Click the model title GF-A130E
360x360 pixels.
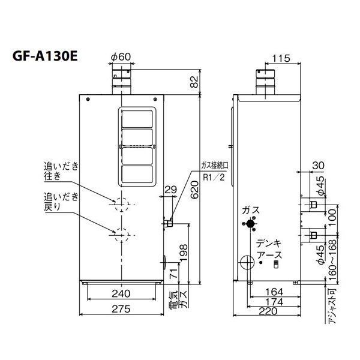tap(45, 56)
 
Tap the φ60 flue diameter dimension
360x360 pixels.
tap(121, 57)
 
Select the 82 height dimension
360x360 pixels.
tap(194, 82)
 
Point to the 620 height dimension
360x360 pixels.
tap(194, 190)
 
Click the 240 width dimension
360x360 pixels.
tap(121, 293)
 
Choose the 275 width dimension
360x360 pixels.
tap(121, 309)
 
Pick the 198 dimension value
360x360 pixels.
tap(184, 253)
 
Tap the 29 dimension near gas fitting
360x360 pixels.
tap(171, 190)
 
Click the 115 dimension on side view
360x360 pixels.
tap(281, 58)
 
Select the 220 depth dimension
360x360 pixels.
tap(268, 311)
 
